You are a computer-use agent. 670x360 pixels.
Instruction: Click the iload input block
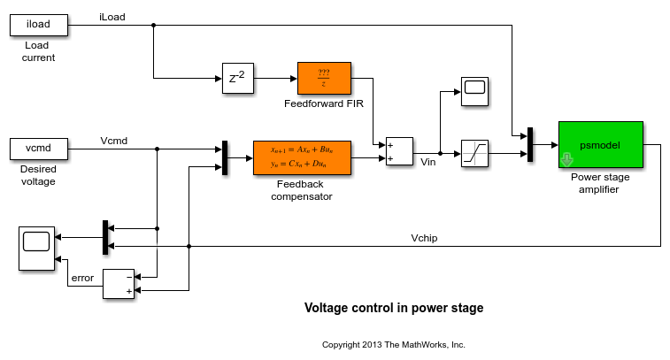[40, 25]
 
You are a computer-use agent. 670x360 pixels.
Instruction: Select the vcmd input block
[40, 149]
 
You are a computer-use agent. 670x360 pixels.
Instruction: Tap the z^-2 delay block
[237, 78]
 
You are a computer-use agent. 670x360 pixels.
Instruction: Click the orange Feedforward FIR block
[324, 78]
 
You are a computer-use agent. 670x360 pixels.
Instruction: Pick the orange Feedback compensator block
[301, 157]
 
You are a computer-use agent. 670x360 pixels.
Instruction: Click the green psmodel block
[599, 143]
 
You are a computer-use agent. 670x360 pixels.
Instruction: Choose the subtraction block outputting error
[119, 283]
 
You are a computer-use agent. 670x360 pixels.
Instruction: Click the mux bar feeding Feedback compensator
[226, 157]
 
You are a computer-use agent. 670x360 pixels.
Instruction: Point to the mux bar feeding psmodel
[530, 144]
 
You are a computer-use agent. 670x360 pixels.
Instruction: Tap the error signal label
[82, 278]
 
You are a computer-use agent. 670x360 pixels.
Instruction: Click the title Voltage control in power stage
[394, 309]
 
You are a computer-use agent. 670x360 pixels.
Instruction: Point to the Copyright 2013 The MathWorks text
[393, 345]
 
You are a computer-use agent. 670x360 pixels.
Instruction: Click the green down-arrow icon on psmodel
[567, 160]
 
